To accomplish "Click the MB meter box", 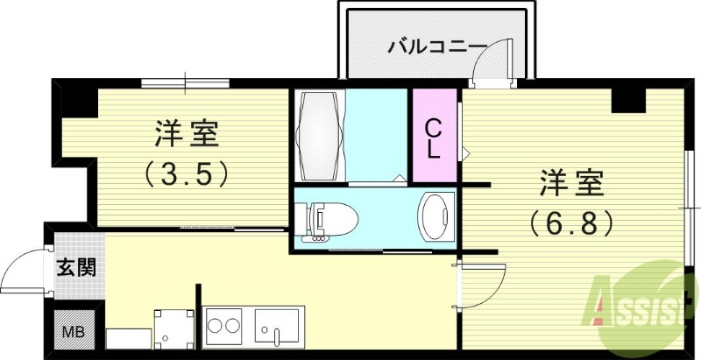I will click(73, 332).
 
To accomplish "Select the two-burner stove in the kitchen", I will click(223, 328).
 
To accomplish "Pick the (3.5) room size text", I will click(187, 174).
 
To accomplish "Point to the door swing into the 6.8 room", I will click(480, 282).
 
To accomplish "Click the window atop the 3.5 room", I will click(185, 84).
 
